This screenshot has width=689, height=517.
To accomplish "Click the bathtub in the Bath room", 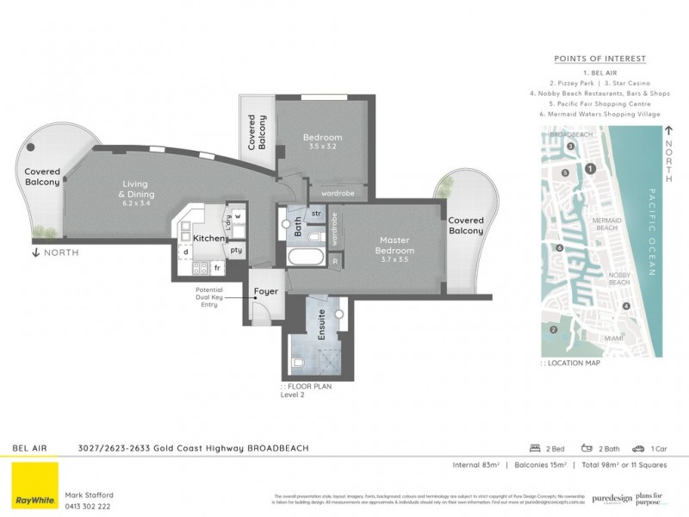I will (305, 258).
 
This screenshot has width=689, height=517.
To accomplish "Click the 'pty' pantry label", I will (234, 249).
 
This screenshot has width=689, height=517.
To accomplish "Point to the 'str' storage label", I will (316, 213).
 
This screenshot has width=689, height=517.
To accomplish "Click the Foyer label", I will (266, 291).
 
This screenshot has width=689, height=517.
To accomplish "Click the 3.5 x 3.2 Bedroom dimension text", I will (322, 147).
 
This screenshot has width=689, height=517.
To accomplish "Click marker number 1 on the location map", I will (589, 169).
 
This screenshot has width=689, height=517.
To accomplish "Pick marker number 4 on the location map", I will (627, 306).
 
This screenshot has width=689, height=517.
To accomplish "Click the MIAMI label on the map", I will (614, 339).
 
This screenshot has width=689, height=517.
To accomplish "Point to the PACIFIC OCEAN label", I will (652, 232).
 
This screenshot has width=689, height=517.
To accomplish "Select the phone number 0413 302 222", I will (89, 508).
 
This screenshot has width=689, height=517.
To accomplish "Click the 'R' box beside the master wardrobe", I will (334, 260).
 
